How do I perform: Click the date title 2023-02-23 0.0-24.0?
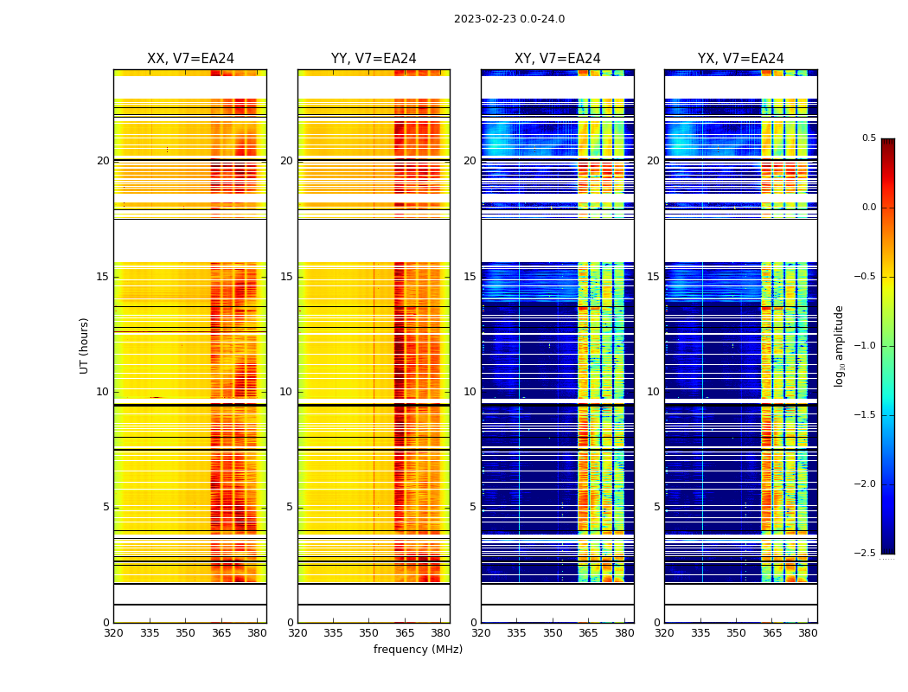(509, 19)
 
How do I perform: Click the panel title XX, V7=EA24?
(190, 59)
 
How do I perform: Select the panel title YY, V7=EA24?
(374, 59)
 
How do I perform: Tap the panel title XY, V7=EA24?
(558, 59)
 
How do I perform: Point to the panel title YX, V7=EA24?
(741, 59)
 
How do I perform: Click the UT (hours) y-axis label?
(84, 345)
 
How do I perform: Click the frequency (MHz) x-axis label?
(418, 650)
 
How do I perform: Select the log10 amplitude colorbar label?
(839, 345)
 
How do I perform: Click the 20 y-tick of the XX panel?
(103, 161)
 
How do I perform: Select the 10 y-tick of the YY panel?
(287, 392)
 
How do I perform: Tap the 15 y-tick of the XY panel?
(470, 277)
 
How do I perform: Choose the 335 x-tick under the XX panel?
(150, 633)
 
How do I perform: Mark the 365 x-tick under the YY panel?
(405, 633)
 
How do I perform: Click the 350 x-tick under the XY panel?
(553, 633)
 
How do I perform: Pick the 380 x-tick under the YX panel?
(808, 633)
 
